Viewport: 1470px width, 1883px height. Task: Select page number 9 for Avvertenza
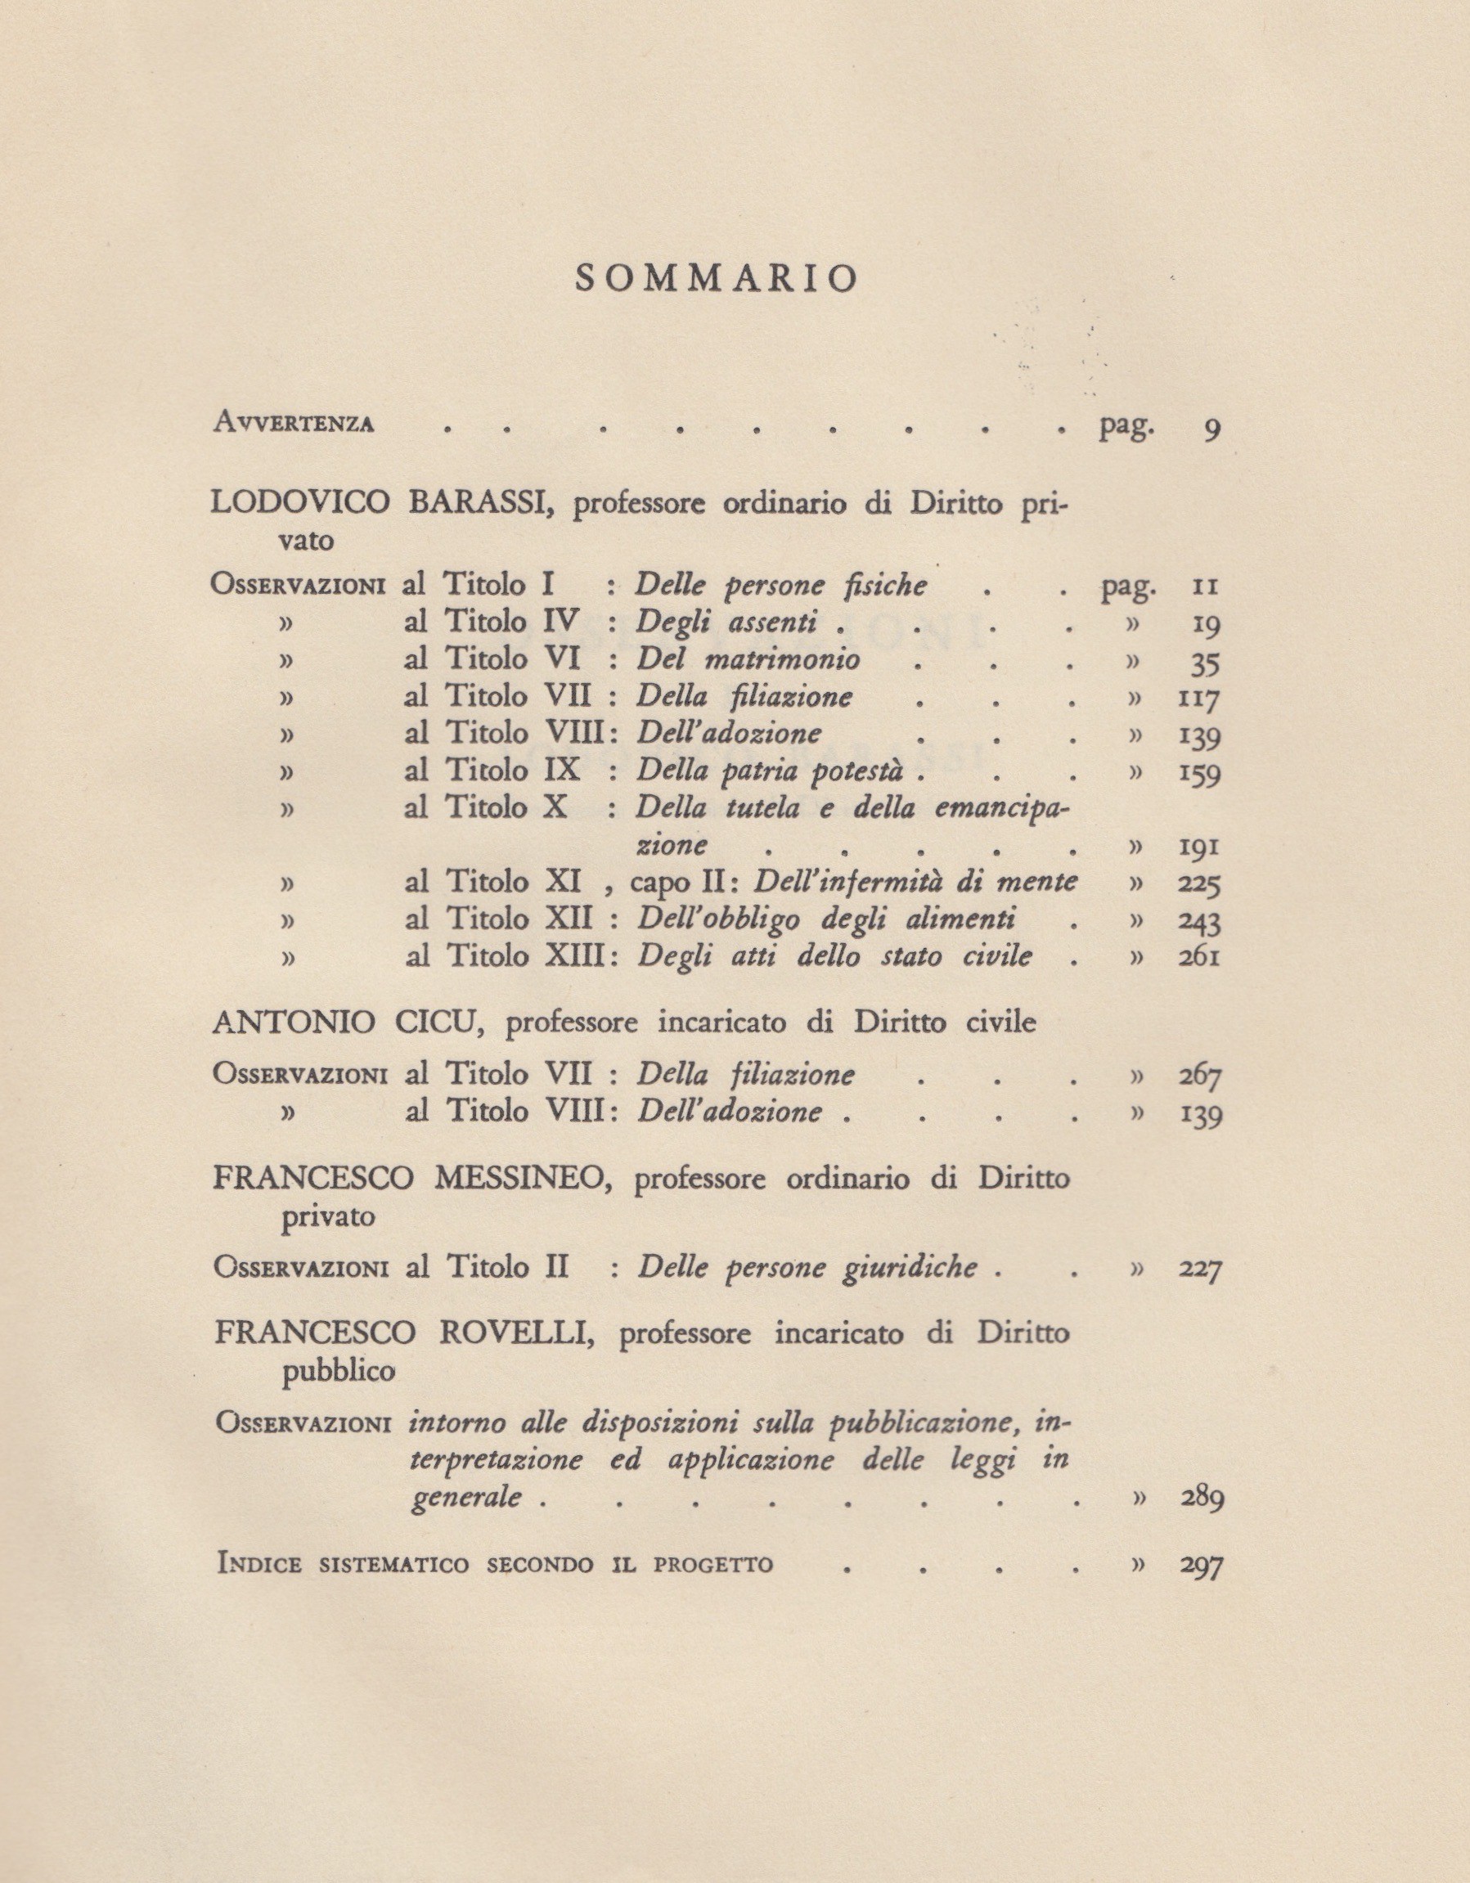coord(1211,429)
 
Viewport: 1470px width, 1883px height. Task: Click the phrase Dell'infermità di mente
coord(915,882)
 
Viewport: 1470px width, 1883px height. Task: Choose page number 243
coord(1198,922)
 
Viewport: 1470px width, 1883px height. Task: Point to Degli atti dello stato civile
coord(834,957)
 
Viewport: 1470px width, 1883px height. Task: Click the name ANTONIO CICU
coord(352,1023)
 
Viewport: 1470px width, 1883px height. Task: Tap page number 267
coord(1200,1076)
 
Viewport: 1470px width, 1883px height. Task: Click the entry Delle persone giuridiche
coord(808,1267)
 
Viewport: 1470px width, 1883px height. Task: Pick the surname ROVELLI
coord(510,1334)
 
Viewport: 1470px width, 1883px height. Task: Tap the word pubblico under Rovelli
coord(339,1372)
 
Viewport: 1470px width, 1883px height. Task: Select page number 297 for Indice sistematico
coord(1200,1566)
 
